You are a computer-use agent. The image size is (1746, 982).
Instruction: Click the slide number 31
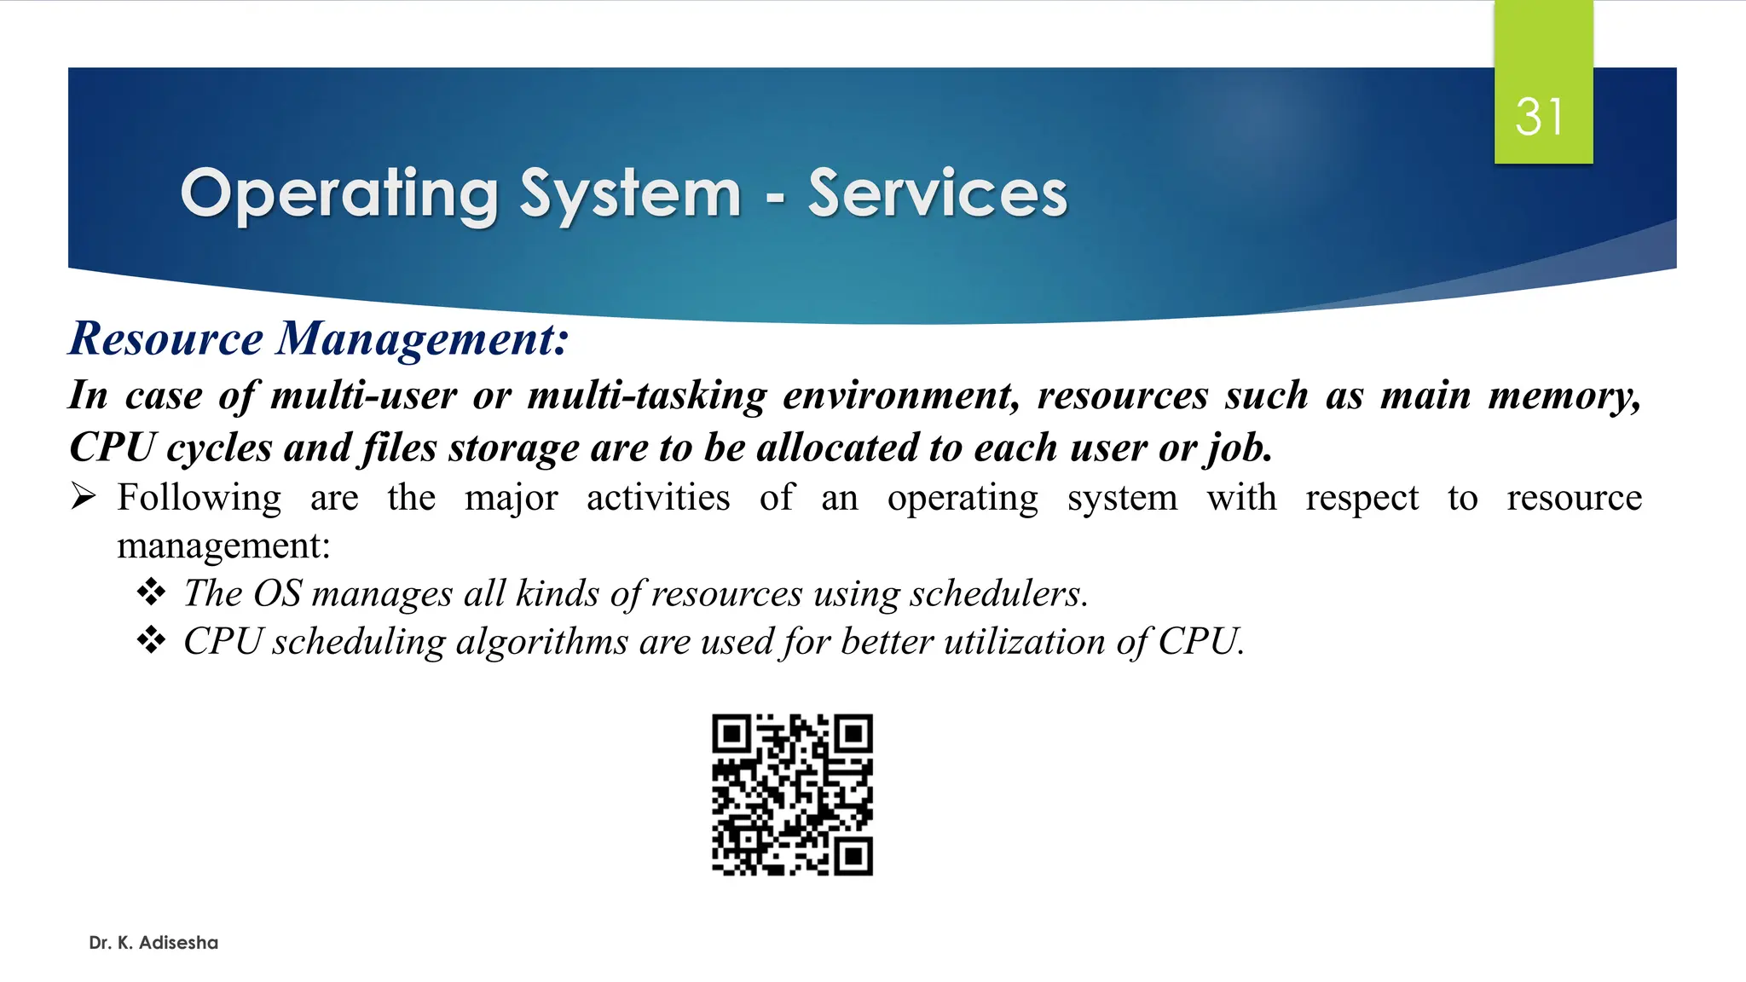[x=1540, y=117]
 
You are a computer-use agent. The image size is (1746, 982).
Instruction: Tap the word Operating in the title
[x=338, y=194]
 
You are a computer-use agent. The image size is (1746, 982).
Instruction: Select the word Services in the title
[x=937, y=194]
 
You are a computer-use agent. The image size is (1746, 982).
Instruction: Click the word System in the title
[x=630, y=194]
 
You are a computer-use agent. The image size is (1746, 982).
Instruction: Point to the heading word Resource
[x=166, y=338]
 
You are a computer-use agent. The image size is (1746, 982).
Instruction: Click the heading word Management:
[x=423, y=338]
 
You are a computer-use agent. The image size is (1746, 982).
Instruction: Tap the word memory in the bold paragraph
[x=1564, y=396]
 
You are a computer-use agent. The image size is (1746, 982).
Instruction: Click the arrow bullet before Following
[x=84, y=496]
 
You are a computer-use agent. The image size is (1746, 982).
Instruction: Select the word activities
[x=658, y=498]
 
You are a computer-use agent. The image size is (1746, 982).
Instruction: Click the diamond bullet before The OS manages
[x=151, y=592]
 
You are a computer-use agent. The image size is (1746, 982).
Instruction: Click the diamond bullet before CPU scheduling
[x=151, y=639]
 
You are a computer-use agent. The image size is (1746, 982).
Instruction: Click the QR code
[x=792, y=794]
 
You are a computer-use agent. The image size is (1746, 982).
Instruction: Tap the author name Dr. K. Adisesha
[x=153, y=943]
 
